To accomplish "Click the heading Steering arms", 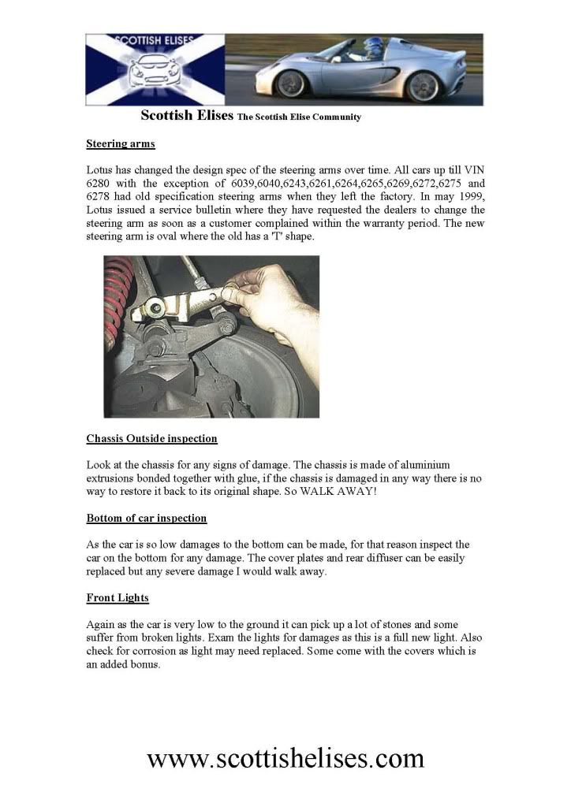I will click(x=120, y=144).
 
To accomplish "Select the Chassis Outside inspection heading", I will click(x=151, y=438).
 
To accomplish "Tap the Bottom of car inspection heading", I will click(x=146, y=519).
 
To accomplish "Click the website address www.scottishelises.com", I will click(x=285, y=758).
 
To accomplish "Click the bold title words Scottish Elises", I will click(x=187, y=116).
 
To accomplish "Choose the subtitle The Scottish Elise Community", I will click(x=299, y=117).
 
